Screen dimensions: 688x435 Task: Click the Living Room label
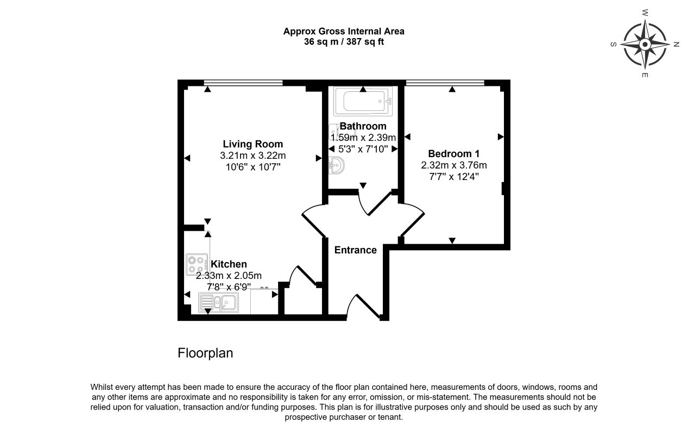pyautogui.click(x=253, y=144)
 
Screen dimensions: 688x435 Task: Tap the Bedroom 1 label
pyautogui.click(x=453, y=153)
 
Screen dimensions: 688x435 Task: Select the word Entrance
pyautogui.click(x=355, y=250)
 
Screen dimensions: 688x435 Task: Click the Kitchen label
pyautogui.click(x=229, y=264)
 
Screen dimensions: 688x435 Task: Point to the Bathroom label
pyautogui.click(x=363, y=126)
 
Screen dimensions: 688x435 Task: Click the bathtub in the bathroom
pyautogui.click(x=363, y=101)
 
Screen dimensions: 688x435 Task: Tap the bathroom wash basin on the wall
pyautogui.click(x=337, y=165)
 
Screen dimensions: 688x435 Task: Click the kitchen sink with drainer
pyautogui.click(x=218, y=302)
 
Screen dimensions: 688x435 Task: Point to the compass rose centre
pyautogui.click(x=645, y=45)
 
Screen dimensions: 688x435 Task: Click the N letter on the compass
pyautogui.click(x=676, y=45)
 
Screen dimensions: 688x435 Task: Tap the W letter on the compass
pyautogui.click(x=645, y=13)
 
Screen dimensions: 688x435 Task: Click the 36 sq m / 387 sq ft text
pyautogui.click(x=344, y=41)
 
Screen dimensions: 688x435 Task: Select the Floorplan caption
pyautogui.click(x=205, y=353)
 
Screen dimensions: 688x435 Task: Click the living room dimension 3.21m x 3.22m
pyautogui.click(x=253, y=156)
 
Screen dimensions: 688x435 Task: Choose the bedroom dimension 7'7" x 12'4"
pyautogui.click(x=453, y=177)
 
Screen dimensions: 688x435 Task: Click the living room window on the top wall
pyautogui.click(x=243, y=83)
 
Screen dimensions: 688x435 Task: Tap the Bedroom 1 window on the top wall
pyautogui.click(x=445, y=83)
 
